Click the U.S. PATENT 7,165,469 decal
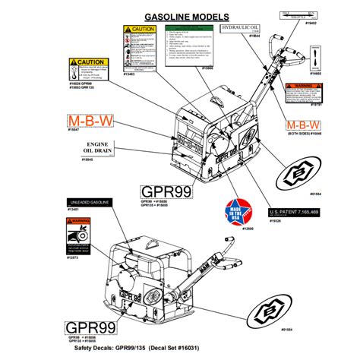click(298, 213)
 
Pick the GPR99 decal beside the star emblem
click(165, 190)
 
